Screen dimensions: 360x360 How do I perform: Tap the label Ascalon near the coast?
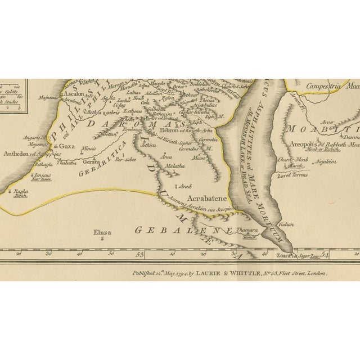pyautogui.click(x=74, y=94)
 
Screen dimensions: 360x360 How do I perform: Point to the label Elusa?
pyautogui.click(x=102, y=232)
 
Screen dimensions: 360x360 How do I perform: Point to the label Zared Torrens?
pyautogui.click(x=293, y=175)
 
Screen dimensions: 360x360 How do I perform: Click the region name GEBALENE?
pyautogui.click(x=182, y=230)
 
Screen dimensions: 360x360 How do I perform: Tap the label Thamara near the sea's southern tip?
pyautogui.click(x=247, y=229)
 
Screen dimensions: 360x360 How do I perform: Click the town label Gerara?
pyautogui.click(x=91, y=161)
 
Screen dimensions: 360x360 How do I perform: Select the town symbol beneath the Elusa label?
pyautogui.click(x=102, y=239)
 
